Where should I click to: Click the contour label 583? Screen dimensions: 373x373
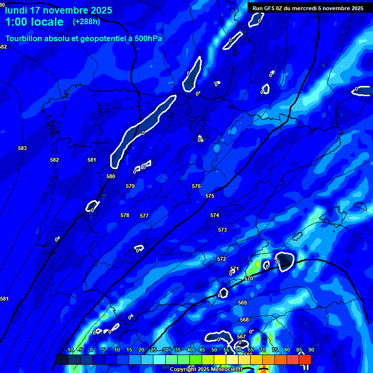pos(22,148)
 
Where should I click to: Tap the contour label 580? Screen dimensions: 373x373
pos(111,176)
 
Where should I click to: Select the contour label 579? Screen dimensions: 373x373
pos(130,186)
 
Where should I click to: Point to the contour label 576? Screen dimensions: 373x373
pos(196,186)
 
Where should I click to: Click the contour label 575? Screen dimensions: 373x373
pos(210,196)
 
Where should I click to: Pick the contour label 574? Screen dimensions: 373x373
pos(215,215)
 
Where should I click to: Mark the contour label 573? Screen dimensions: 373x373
pos(222,230)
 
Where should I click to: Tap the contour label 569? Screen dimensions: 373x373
pos(242,303)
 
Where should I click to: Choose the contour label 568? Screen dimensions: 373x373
pos(244,320)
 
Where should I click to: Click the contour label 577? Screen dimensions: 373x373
pos(144,216)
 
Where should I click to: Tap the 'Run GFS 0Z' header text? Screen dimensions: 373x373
pos(270,8)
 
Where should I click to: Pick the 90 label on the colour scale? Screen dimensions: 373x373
pos(311,350)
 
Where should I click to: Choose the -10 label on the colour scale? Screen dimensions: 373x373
pos(69,350)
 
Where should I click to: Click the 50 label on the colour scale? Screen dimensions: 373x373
pos(214,350)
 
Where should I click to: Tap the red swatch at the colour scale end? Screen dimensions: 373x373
pos(305,359)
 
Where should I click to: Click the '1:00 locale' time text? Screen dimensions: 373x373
pos(34,22)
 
